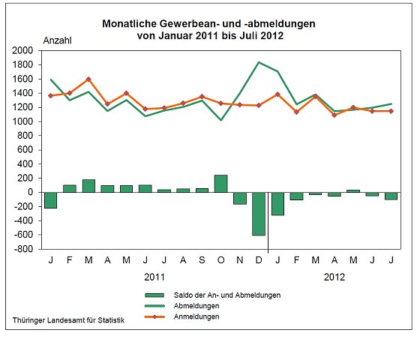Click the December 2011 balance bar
[258, 214]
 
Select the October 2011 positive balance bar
[220, 184]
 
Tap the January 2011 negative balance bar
[50, 199]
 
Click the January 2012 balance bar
[277, 203]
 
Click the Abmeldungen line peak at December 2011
[258, 62]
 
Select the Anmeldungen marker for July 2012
[391, 111]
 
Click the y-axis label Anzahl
[58, 40]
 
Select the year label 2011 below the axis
[154, 277]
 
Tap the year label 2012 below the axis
[334, 277]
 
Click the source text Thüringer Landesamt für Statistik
[67, 320]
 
